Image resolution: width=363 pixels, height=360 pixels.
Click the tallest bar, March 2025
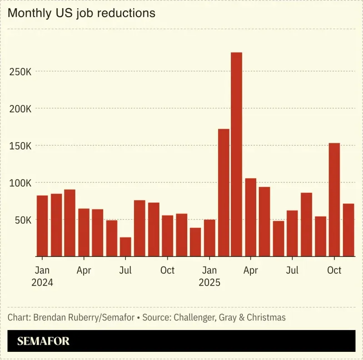236,154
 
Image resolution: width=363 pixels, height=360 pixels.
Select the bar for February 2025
224,192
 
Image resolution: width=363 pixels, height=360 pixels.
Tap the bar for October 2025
334,199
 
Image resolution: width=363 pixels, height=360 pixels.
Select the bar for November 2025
348,230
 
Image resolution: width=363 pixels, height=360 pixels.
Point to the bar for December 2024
195,242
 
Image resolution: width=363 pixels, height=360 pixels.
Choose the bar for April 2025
251,217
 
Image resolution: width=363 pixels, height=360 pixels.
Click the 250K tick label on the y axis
20,72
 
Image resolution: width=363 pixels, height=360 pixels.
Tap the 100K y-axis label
20,183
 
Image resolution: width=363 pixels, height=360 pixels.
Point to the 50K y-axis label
22,220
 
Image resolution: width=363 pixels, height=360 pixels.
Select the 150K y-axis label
20,146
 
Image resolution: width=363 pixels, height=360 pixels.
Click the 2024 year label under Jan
42,282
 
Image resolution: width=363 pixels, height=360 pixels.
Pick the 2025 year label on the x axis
209,282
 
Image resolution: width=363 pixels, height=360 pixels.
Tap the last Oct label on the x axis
334,270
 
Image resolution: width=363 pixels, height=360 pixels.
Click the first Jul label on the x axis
125,270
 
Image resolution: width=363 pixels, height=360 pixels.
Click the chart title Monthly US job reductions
82,13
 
